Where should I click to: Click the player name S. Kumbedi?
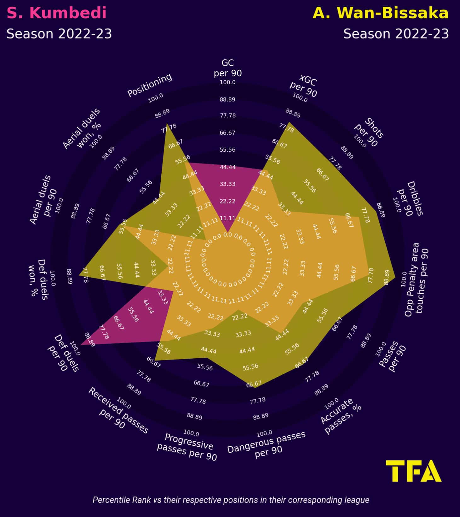coord(57,13)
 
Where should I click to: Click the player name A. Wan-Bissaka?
coord(381,13)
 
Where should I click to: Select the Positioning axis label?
coord(150,85)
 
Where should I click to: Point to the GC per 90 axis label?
coord(227,68)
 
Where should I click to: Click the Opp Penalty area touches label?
coord(417,279)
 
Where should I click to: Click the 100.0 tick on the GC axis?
coord(227,82)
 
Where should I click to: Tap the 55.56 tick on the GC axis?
coord(227,150)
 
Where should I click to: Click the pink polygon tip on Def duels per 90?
coord(81,345)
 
